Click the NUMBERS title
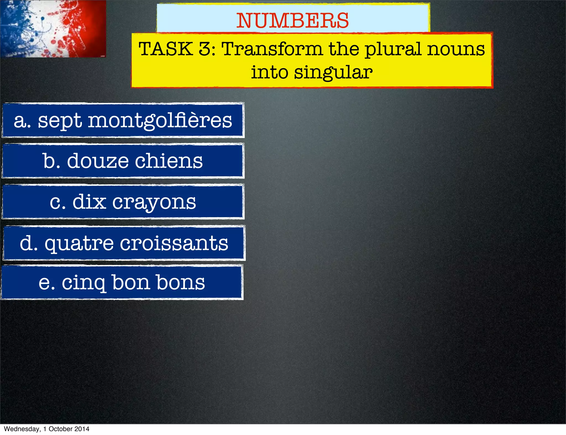tap(293, 21)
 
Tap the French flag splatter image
tap(53, 28)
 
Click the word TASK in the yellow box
tap(166, 49)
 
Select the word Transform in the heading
tap(272, 49)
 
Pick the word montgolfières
tap(160, 121)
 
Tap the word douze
tap(98, 161)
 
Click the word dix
tap(89, 202)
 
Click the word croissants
tap(174, 243)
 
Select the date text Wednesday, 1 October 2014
tap(47, 429)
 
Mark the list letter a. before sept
tap(22, 121)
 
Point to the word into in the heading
tap(269, 72)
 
